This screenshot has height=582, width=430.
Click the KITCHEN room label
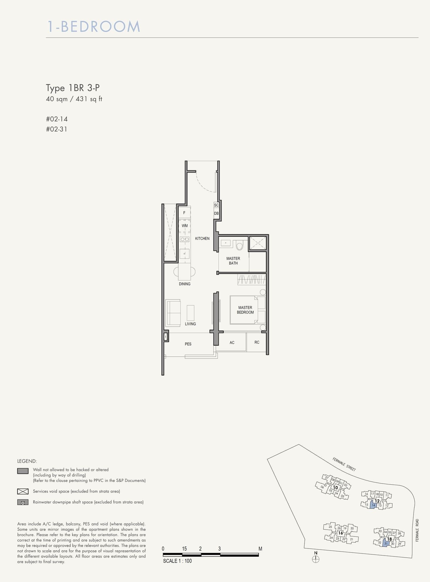pyautogui.click(x=202, y=238)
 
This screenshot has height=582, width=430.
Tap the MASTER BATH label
pyautogui.click(x=233, y=261)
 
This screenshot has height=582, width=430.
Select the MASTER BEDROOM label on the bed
pyautogui.click(x=245, y=310)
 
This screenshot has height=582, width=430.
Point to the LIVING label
pyautogui.click(x=190, y=324)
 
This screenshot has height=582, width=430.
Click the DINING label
pyautogui.click(x=185, y=284)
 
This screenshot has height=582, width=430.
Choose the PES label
pyautogui.click(x=188, y=344)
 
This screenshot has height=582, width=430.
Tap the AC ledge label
pyautogui.click(x=232, y=342)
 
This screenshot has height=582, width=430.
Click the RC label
pyautogui.click(x=257, y=342)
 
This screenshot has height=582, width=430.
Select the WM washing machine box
pyautogui.click(x=185, y=226)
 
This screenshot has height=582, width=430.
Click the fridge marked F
pyautogui.click(x=184, y=213)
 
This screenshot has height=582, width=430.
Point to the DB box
pyautogui.click(x=216, y=213)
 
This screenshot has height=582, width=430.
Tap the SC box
pyautogui.click(x=216, y=205)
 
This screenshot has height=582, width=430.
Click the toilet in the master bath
pyautogui.click(x=240, y=245)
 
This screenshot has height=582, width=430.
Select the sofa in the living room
pyautogui.click(x=173, y=313)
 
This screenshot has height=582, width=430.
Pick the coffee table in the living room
pyautogui.click(x=190, y=313)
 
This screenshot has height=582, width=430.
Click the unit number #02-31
pyautogui.click(x=57, y=129)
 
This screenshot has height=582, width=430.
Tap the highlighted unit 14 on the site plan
pyautogui.click(x=373, y=505)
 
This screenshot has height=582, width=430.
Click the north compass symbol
pyautogui.click(x=316, y=559)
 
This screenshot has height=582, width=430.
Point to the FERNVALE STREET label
pyautogui.click(x=344, y=464)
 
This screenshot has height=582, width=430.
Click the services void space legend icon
pyautogui.click(x=23, y=491)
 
